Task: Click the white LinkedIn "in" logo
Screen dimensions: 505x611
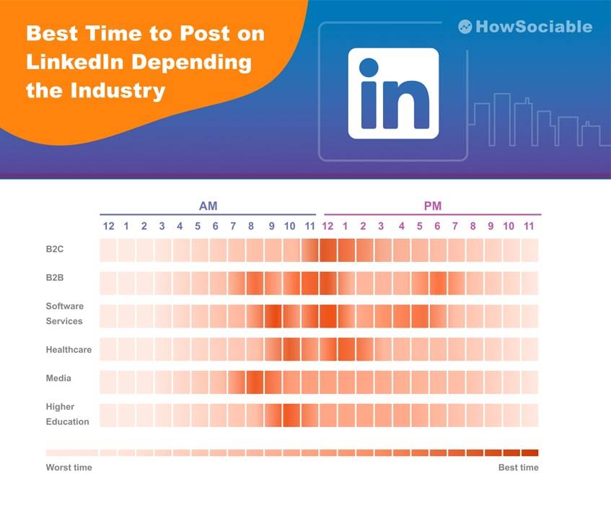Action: (393, 93)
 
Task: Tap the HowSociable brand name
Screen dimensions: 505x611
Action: (534, 27)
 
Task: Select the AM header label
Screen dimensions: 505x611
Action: (208, 206)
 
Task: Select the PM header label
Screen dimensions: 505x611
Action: (432, 206)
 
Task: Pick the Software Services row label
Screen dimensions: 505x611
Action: (65, 314)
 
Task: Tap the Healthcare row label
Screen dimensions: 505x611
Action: (69, 350)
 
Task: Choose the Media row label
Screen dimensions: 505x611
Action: (58, 378)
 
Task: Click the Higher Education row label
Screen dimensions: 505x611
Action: (67, 414)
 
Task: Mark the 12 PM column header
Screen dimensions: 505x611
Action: (328, 227)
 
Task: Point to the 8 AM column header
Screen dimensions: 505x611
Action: (251, 227)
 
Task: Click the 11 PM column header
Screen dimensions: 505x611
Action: (528, 227)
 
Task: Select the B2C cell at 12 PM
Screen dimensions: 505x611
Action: (328, 250)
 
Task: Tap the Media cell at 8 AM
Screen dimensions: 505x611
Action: (255, 382)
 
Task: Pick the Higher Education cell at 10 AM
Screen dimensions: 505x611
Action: (291, 415)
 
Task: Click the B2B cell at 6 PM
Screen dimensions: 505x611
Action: (438, 283)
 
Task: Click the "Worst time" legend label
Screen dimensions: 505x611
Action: (69, 467)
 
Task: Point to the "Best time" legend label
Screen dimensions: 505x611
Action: (518, 467)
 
